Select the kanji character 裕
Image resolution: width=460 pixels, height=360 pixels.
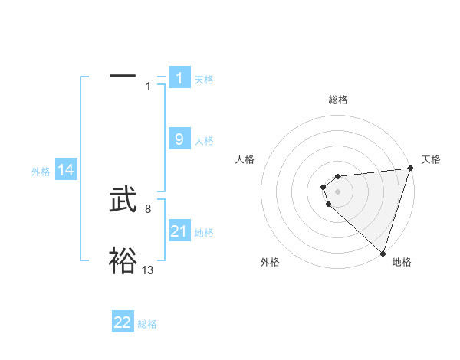click(123, 261)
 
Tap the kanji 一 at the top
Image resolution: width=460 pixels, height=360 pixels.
click(123, 76)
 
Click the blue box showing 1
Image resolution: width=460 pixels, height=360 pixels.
click(179, 78)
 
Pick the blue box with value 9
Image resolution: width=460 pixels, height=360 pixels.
click(179, 139)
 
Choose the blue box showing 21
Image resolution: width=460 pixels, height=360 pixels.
click(179, 231)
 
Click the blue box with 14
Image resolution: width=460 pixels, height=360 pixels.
click(66, 171)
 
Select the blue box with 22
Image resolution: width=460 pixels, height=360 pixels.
click(123, 322)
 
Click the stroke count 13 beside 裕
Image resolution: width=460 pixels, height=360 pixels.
click(148, 270)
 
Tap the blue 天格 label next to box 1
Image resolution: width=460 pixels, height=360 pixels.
click(204, 80)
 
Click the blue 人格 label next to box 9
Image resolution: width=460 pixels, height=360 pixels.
click(204, 141)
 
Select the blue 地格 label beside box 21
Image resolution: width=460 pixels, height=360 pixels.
click(204, 233)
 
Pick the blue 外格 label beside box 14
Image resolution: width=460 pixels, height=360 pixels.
click(41, 172)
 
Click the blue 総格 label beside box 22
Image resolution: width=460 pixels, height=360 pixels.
click(147, 324)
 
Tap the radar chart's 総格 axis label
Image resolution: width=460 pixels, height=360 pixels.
click(337, 100)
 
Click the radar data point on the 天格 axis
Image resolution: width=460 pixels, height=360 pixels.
click(409, 169)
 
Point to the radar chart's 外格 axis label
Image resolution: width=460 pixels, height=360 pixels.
click(270, 263)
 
